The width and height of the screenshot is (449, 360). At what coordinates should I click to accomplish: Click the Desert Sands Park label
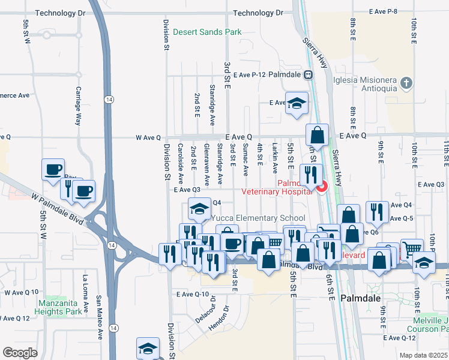(206, 32)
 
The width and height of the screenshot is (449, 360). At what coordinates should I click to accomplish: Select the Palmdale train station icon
(308, 75)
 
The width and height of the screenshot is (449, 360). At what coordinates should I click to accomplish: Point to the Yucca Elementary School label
(258, 218)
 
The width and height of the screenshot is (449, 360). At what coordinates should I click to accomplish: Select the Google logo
(20, 352)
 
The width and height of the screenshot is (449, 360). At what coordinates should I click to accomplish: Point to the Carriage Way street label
(77, 106)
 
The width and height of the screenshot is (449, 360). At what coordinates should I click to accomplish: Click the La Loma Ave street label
(85, 294)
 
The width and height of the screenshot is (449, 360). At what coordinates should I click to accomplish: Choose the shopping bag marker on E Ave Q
(317, 135)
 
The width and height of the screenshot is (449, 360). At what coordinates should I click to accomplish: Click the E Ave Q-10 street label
(193, 294)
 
